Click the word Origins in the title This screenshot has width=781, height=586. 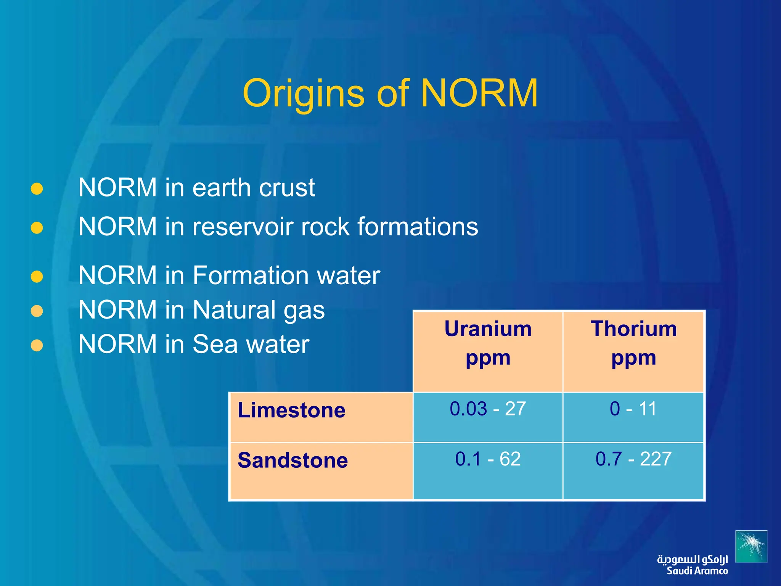point(304,94)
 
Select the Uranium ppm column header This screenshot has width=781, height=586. point(488,343)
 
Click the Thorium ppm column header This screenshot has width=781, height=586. point(633,343)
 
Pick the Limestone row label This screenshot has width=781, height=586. point(291,411)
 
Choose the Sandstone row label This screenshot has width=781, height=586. point(292,460)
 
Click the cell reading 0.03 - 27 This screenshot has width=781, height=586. point(488,409)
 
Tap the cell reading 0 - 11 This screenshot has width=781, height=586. point(633,409)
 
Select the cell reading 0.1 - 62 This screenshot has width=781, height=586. point(488,459)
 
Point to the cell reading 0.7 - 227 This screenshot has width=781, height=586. point(633,459)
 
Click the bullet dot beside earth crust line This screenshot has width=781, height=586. point(37,188)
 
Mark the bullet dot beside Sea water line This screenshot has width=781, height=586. point(37,345)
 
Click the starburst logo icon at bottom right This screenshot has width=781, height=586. point(751,546)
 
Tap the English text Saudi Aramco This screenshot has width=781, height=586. point(697,571)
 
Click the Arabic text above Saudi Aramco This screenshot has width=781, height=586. point(692,559)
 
